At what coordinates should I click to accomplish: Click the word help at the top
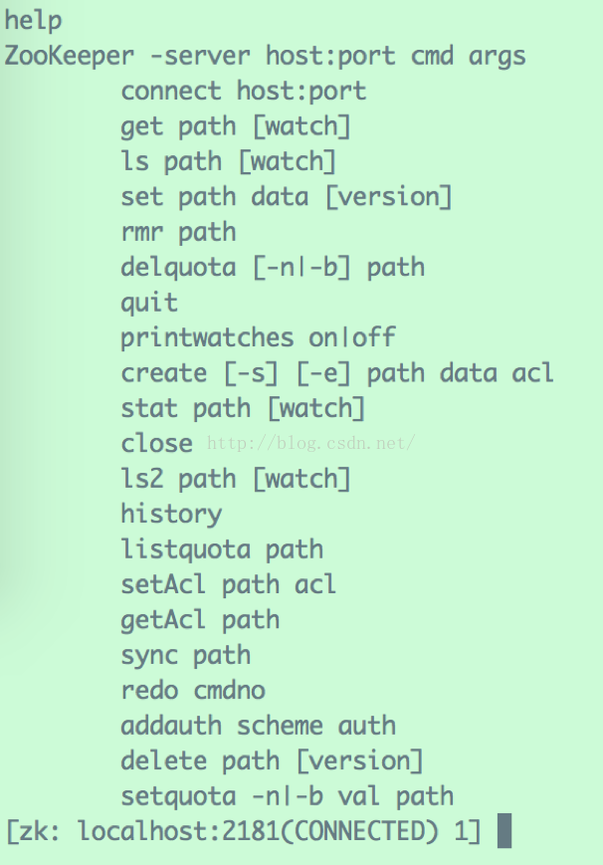click(33, 21)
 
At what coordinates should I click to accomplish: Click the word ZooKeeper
click(69, 56)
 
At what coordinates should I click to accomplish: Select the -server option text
click(200, 56)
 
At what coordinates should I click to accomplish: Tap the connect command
click(171, 91)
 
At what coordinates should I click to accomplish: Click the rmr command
click(141, 232)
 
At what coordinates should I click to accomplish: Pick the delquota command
click(178, 268)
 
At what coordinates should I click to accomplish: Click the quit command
click(149, 303)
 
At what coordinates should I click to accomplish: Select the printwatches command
click(207, 338)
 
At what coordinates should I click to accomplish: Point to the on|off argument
click(352, 337)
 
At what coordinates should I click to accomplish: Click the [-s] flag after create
click(251, 373)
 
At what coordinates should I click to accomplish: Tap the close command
click(156, 443)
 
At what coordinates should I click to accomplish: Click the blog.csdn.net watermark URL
click(310, 443)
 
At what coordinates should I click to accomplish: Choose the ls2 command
click(141, 478)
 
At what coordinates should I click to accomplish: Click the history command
click(171, 515)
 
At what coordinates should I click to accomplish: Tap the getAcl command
click(163, 620)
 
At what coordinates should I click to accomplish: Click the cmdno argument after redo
click(229, 690)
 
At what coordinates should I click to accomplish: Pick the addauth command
click(171, 726)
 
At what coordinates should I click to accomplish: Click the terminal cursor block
click(504, 831)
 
